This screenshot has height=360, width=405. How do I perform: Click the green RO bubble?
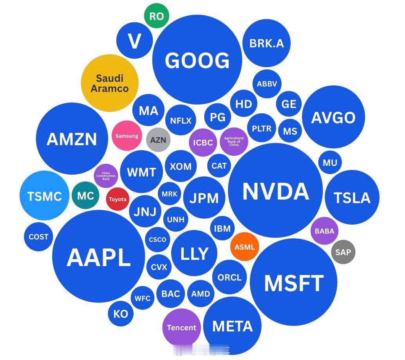157,16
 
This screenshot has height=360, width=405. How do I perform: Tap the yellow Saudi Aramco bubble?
110,83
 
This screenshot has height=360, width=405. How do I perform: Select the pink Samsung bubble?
127,136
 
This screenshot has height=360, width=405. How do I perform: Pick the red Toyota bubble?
118,199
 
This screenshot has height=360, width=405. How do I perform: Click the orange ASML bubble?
244,247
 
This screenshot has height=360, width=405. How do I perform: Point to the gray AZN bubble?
158,140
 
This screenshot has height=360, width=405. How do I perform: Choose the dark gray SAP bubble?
343,252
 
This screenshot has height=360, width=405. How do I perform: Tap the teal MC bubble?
85,196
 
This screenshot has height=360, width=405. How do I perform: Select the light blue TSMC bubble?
45,196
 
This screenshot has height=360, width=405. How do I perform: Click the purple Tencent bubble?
182,328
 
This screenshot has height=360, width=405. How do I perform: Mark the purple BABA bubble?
324,231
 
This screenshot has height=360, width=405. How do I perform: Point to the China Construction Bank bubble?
106,176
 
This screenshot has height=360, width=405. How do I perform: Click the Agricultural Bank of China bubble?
234,141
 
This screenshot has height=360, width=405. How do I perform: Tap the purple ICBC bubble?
203,142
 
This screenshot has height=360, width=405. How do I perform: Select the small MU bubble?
330,162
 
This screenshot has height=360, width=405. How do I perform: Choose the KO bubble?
121,314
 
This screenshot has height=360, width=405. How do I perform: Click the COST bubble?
38,236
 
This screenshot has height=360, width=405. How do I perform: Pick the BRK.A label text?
267,43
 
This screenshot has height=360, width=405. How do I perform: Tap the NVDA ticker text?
276,191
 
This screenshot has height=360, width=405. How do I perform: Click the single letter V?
135,41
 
